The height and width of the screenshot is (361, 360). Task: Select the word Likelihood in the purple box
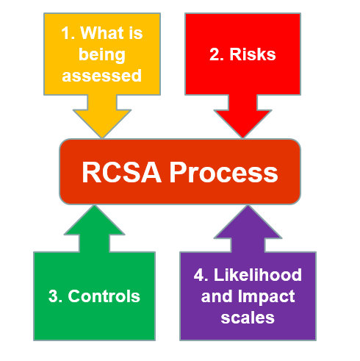(x=259, y=275)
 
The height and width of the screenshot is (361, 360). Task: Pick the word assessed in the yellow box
(x=101, y=75)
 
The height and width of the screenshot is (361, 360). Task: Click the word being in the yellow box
(x=102, y=54)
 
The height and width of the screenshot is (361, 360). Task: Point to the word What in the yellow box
(x=100, y=32)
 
